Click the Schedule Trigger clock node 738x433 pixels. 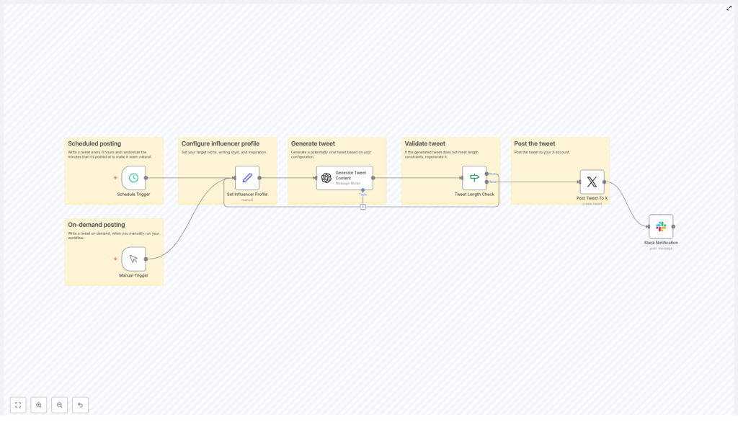[x=133, y=178]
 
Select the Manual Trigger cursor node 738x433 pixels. [x=133, y=259]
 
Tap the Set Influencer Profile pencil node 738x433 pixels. [x=247, y=178]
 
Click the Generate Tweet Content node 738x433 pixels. [x=344, y=178]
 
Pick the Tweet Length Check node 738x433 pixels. [x=474, y=178]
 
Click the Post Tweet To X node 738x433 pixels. [x=592, y=182]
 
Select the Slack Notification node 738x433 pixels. [x=661, y=226]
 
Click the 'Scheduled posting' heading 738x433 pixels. [x=94, y=144]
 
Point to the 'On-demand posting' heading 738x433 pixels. [x=96, y=225]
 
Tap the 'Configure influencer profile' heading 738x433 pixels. [x=220, y=144]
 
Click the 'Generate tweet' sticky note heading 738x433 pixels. [x=313, y=144]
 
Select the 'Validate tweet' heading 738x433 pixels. [x=424, y=144]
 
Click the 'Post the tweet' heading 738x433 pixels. [x=534, y=144]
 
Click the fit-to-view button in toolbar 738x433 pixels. [x=18, y=405]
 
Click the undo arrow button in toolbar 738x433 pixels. [x=80, y=405]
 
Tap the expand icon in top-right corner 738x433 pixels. [x=729, y=8]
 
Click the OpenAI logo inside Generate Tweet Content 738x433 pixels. [x=326, y=178]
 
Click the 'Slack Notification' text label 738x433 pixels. [x=661, y=243]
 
